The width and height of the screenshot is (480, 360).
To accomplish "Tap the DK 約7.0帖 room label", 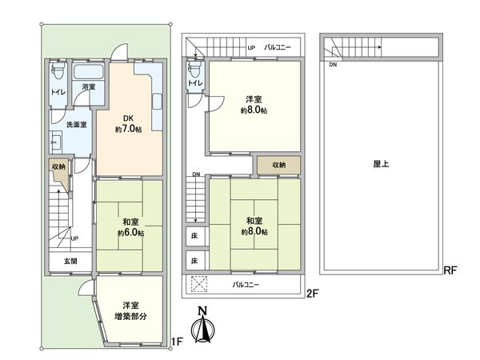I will [128, 124].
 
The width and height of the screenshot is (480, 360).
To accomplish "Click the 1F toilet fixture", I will [58, 74].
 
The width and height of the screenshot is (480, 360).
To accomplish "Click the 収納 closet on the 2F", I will [278, 166].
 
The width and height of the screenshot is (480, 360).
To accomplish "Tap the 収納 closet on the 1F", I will [58, 166].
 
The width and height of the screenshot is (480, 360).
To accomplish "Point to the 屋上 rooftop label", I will [382, 163].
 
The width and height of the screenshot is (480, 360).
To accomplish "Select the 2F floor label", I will [313, 294].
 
